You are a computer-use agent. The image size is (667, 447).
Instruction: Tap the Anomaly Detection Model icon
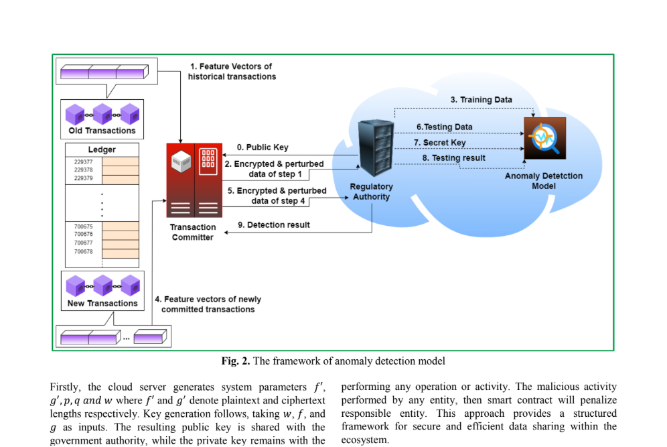(544, 138)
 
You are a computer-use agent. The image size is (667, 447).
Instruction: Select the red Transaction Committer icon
(194, 180)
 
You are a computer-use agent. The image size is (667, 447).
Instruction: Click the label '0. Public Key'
(263, 147)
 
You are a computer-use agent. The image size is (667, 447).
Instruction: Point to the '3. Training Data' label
(481, 100)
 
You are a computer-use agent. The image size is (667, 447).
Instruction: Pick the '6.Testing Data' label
(444, 127)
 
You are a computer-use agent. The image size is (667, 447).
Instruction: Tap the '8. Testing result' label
(453, 158)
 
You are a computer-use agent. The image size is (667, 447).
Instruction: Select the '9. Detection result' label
(274, 225)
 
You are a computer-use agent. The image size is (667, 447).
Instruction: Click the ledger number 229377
(83, 162)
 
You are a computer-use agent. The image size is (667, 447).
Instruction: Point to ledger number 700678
(83, 251)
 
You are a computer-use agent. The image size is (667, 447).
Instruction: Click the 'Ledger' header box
(102, 149)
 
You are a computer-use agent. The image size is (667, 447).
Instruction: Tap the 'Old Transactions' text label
(102, 131)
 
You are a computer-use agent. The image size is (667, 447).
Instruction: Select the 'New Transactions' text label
(102, 304)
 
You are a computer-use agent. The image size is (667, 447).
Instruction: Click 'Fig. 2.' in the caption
(236, 361)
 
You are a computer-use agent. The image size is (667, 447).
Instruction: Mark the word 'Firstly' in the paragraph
(66, 387)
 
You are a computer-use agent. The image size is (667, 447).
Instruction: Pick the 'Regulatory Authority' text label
(372, 192)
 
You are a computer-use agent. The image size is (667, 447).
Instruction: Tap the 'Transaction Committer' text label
(193, 232)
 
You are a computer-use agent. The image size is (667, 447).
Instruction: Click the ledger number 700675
(83, 227)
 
